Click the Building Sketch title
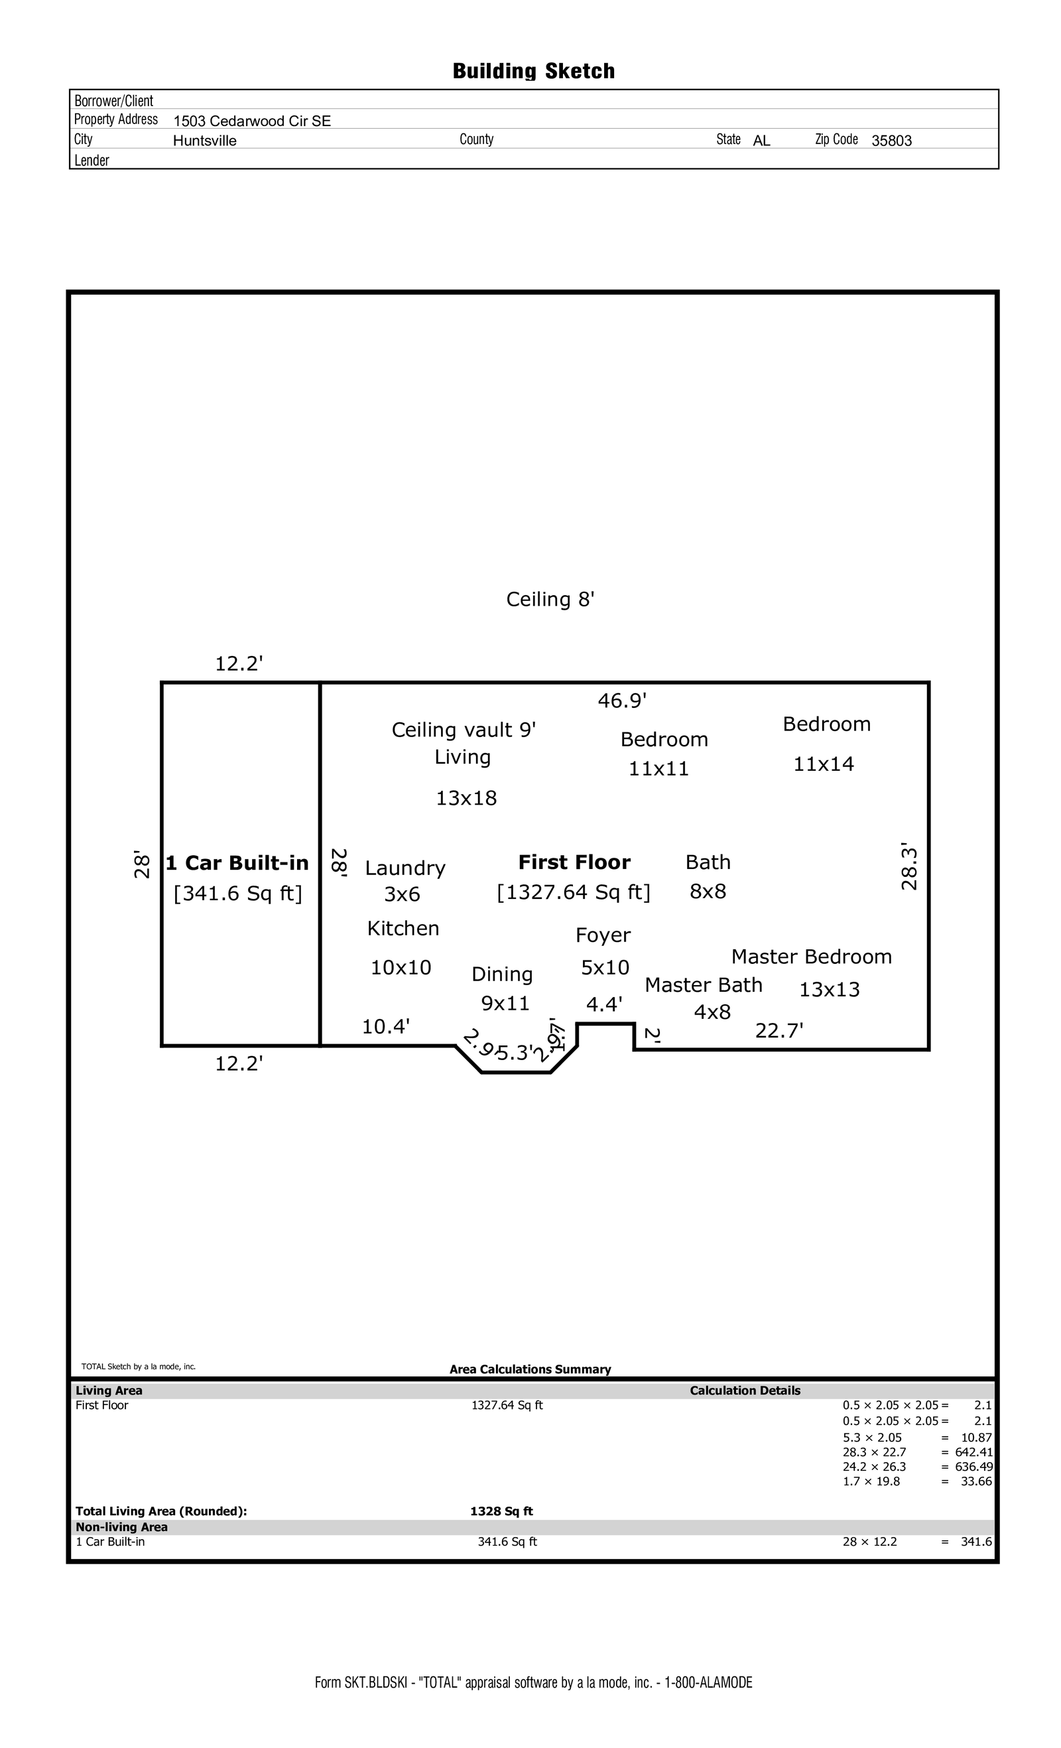(533, 71)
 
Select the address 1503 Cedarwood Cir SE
(252, 121)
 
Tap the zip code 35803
(891, 141)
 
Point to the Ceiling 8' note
(550, 600)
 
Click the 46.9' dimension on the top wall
(622, 701)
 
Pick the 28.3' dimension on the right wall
(909, 867)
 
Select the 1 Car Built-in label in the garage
(237, 862)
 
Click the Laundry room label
(405, 868)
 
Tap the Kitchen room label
(403, 928)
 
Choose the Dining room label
(502, 974)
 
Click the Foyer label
(603, 935)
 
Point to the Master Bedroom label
(812, 957)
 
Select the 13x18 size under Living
(466, 798)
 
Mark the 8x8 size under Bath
(708, 891)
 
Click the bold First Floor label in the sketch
(574, 862)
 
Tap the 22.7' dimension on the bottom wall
(779, 1030)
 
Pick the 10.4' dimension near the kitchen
(386, 1026)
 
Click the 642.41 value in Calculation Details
(973, 1452)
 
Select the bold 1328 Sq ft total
(501, 1511)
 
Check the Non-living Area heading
(122, 1526)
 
